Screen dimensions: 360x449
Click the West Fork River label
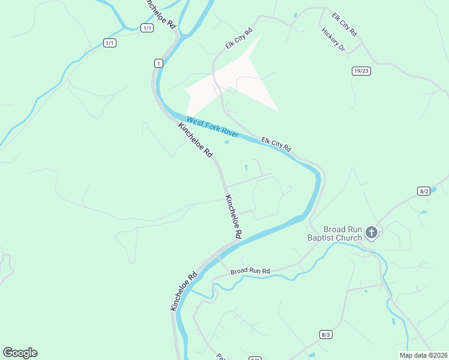pyautogui.click(x=212, y=127)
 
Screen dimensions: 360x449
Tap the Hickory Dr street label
pyautogui.click(x=333, y=40)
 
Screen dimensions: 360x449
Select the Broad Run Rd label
pyautogui.click(x=250, y=271)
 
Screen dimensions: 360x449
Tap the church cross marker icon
pyautogui.click(x=372, y=232)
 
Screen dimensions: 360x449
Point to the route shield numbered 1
pyautogui.click(x=158, y=63)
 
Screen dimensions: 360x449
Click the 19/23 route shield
pyautogui.click(x=361, y=70)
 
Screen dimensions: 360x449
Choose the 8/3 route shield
pyautogui.click(x=326, y=334)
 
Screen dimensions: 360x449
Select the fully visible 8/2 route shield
pyautogui.click(x=424, y=191)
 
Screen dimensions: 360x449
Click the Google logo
pyautogui.click(x=20, y=353)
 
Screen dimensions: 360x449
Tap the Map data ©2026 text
pyautogui.click(x=423, y=355)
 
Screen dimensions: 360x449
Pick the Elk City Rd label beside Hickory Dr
pyautogui.click(x=345, y=23)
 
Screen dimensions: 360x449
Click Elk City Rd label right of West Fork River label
pyautogui.click(x=276, y=144)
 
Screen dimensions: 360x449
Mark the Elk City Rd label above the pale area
pyautogui.click(x=239, y=38)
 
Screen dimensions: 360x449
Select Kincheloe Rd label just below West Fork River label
pyautogui.click(x=196, y=140)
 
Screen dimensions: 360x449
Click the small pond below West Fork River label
pyautogui.click(x=226, y=142)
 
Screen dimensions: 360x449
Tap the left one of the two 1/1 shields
pyautogui.click(x=109, y=43)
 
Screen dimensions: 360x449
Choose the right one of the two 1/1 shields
pyautogui.click(x=146, y=28)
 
